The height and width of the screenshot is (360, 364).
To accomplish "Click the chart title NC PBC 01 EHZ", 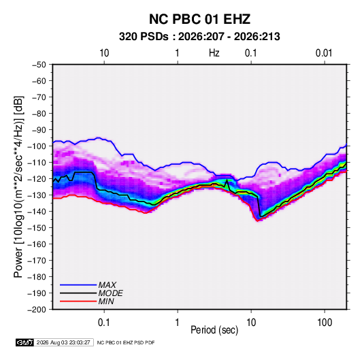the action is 199,19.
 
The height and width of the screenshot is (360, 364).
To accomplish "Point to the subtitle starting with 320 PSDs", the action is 199,37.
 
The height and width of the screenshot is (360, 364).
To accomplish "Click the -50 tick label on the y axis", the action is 39,65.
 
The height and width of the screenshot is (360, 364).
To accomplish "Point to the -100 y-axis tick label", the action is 37,146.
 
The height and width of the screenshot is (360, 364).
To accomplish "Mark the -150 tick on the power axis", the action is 37,228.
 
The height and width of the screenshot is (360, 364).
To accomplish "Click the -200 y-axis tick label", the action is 37,310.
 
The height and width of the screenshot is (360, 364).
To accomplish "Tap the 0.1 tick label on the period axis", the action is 104,323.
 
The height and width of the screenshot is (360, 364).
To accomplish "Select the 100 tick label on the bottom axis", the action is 325,323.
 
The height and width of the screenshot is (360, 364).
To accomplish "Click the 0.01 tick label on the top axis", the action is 324,53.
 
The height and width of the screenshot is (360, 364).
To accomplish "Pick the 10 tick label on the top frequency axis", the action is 104,53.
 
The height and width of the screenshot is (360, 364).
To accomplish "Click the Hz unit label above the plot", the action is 214,53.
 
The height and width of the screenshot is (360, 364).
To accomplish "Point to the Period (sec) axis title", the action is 214,330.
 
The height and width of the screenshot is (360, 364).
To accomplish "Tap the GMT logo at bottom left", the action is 25,342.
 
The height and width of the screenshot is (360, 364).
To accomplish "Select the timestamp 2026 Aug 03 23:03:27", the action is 63,342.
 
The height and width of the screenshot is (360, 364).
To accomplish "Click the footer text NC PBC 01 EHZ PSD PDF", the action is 126,342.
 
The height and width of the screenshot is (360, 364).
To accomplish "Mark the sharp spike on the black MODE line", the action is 227,180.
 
